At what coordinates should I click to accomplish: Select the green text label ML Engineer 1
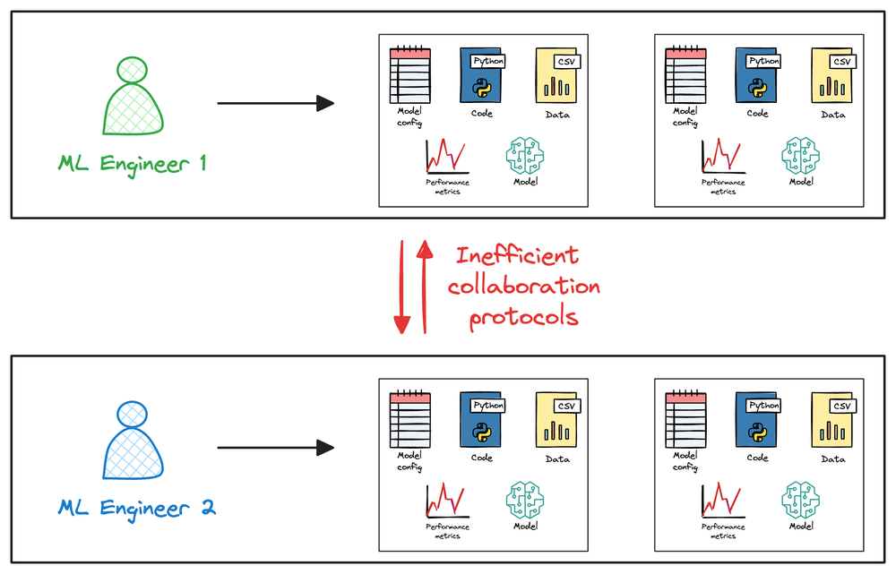click(x=132, y=164)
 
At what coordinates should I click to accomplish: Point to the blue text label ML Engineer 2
click(x=137, y=509)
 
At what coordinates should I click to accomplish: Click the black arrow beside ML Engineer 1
click(x=275, y=103)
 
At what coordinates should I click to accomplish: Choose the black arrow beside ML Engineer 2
click(x=275, y=448)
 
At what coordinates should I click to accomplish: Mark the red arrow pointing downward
click(x=401, y=287)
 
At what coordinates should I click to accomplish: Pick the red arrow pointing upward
click(x=425, y=287)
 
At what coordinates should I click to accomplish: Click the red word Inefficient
click(x=517, y=254)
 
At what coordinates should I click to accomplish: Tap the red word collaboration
click(x=523, y=286)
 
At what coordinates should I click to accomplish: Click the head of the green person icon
click(x=132, y=70)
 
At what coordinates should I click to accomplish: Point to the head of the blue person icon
click(x=132, y=415)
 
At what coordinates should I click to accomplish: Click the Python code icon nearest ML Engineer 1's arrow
click(x=482, y=75)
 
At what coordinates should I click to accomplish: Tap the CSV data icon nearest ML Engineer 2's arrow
click(x=557, y=420)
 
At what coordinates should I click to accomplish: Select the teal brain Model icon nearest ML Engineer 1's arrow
click(x=524, y=155)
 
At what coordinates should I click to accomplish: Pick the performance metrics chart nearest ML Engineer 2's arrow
click(x=447, y=501)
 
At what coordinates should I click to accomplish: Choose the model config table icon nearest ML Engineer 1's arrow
click(x=410, y=75)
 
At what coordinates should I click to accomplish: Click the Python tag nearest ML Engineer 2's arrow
click(x=488, y=406)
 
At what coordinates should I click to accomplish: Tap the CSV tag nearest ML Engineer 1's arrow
click(x=567, y=62)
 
